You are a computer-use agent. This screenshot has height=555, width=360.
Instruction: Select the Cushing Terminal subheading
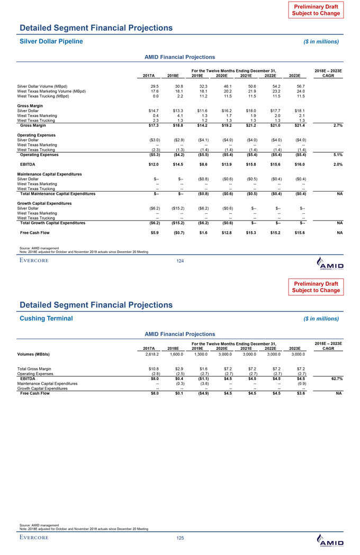46,318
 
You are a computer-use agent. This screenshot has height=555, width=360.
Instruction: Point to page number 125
180,538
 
